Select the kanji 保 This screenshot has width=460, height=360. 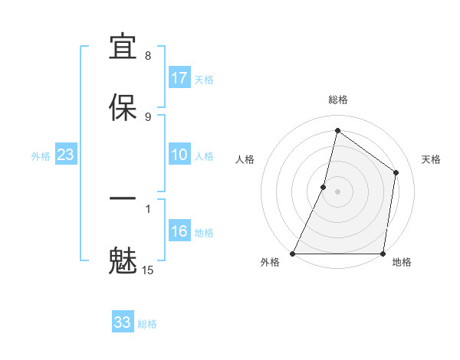[x=123, y=106]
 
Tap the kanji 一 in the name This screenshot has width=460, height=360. [x=123, y=198]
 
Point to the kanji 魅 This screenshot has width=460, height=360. [x=123, y=260]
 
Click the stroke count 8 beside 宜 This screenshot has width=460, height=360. [x=148, y=56]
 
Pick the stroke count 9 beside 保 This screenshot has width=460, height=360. [x=148, y=116]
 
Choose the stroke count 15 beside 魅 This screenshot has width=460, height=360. [x=148, y=270]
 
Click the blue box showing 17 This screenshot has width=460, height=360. [x=179, y=78]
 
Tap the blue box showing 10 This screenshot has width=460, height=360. [x=179, y=155]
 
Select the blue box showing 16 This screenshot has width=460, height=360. [x=179, y=231]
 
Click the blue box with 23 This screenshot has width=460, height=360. [x=65, y=155]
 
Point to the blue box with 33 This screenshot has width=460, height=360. [x=123, y=322]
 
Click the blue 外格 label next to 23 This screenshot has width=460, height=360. [x=41, y=156]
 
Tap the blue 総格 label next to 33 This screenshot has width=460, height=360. [x=147, y=324]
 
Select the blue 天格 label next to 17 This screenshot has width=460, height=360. [x=204, y=80]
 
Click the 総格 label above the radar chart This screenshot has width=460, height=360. [x=338, y=100]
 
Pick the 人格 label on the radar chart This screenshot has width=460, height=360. [x=245, y=159]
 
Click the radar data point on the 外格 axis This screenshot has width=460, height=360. [x=293, y=254]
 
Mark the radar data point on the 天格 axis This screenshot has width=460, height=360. [x=396, y=172]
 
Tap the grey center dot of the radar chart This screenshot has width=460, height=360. [x=338, y=191]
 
